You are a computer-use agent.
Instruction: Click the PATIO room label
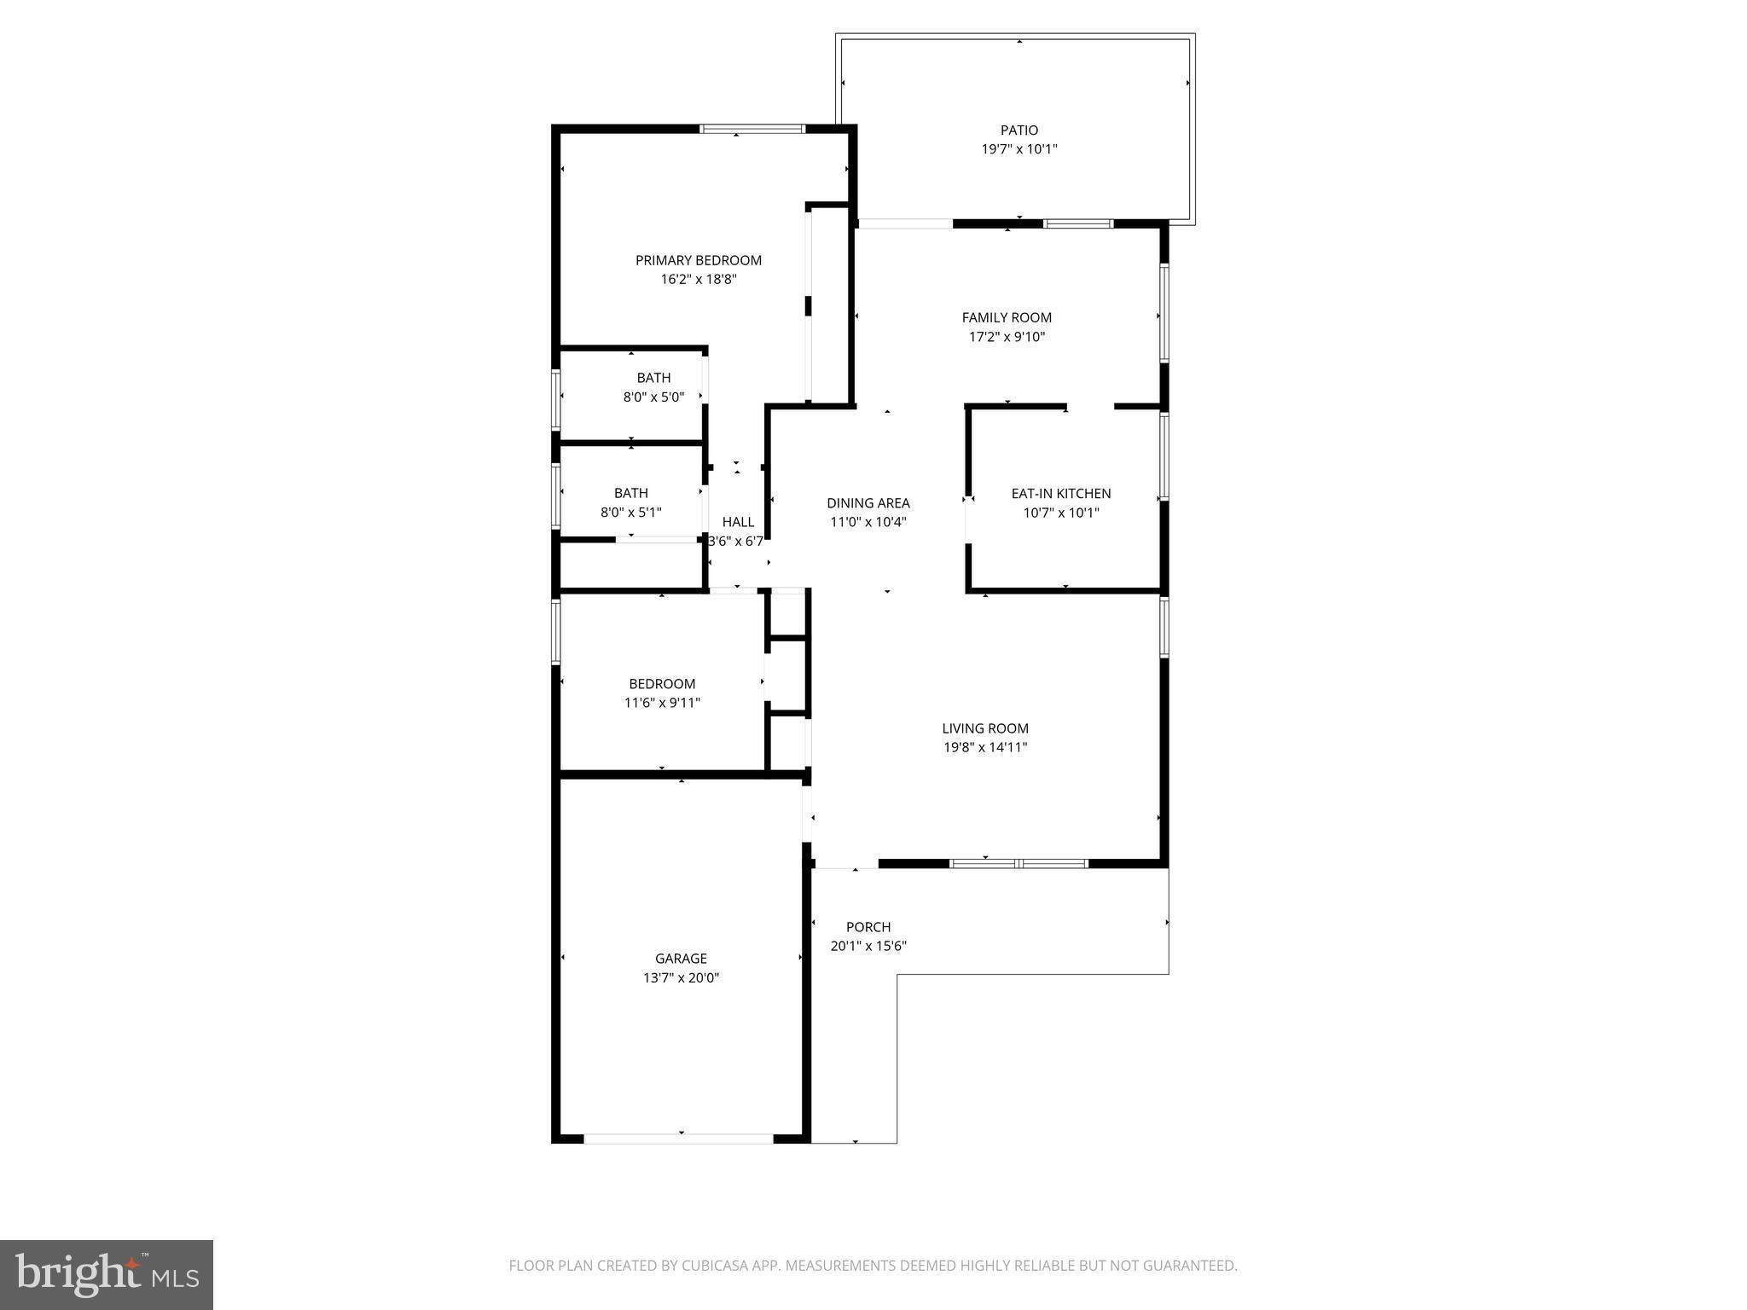[x=1019, y=130]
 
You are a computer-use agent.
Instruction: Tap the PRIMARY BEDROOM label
[x=699, y=260]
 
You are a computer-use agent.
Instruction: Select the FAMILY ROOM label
[x=1007, y=317]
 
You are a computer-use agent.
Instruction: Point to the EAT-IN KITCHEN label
[x=1061, y=493]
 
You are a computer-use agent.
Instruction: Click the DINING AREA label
[x=868, y=503]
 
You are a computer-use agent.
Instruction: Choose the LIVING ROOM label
[x=985, y=728]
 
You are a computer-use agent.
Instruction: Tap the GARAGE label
[x=681, y=959]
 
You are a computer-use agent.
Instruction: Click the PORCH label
[x=868, y=927]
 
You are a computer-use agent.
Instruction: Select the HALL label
[x=738, y=522]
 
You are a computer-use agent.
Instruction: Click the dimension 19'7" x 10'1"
[x=1019, y=149]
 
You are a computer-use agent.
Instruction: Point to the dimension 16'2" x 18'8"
[x=699, y=279]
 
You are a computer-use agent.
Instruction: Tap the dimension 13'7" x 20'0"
[x=681, y=978]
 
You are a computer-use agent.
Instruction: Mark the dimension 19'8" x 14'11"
[x=985, y=747]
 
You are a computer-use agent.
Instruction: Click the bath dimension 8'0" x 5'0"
[x=653, y=397]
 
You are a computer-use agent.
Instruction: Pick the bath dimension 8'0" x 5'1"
[x=631, y=513]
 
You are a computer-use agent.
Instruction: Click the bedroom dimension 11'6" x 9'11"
[x=662, y=703]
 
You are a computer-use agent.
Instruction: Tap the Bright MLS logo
[x=107, y=1275]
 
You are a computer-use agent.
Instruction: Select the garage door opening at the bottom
[x=679, y=1138]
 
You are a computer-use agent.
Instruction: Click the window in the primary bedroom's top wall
[x=752, y=130]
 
